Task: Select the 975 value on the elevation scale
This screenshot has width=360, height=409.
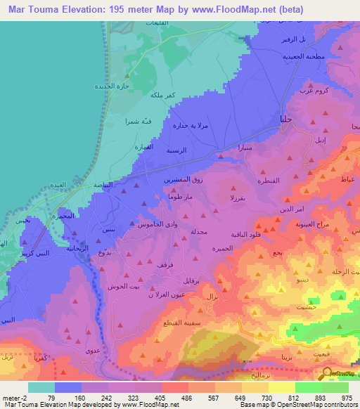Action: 348,378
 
